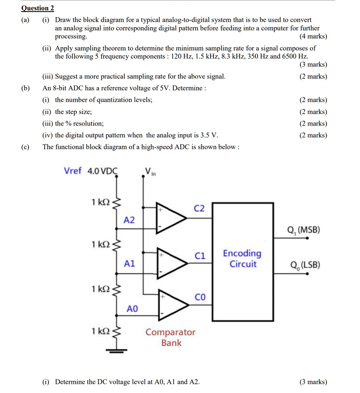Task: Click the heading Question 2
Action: [38, 8]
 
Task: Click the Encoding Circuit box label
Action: [242, 259]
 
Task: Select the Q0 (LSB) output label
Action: [305, 266]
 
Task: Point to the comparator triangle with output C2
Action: [171, 218]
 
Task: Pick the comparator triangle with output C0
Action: [172, 305]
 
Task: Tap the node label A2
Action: [129, 220]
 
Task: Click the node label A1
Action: [130, 264]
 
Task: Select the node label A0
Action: [132, 309]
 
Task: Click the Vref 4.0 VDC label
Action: [91, 171]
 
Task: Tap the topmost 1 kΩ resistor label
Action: [101, 202]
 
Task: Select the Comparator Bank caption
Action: [170, 337]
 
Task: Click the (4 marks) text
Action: [313, 36]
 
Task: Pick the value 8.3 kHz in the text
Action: [235, 56]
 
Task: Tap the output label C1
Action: [200, 256]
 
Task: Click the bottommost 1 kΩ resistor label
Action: [101, 330]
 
